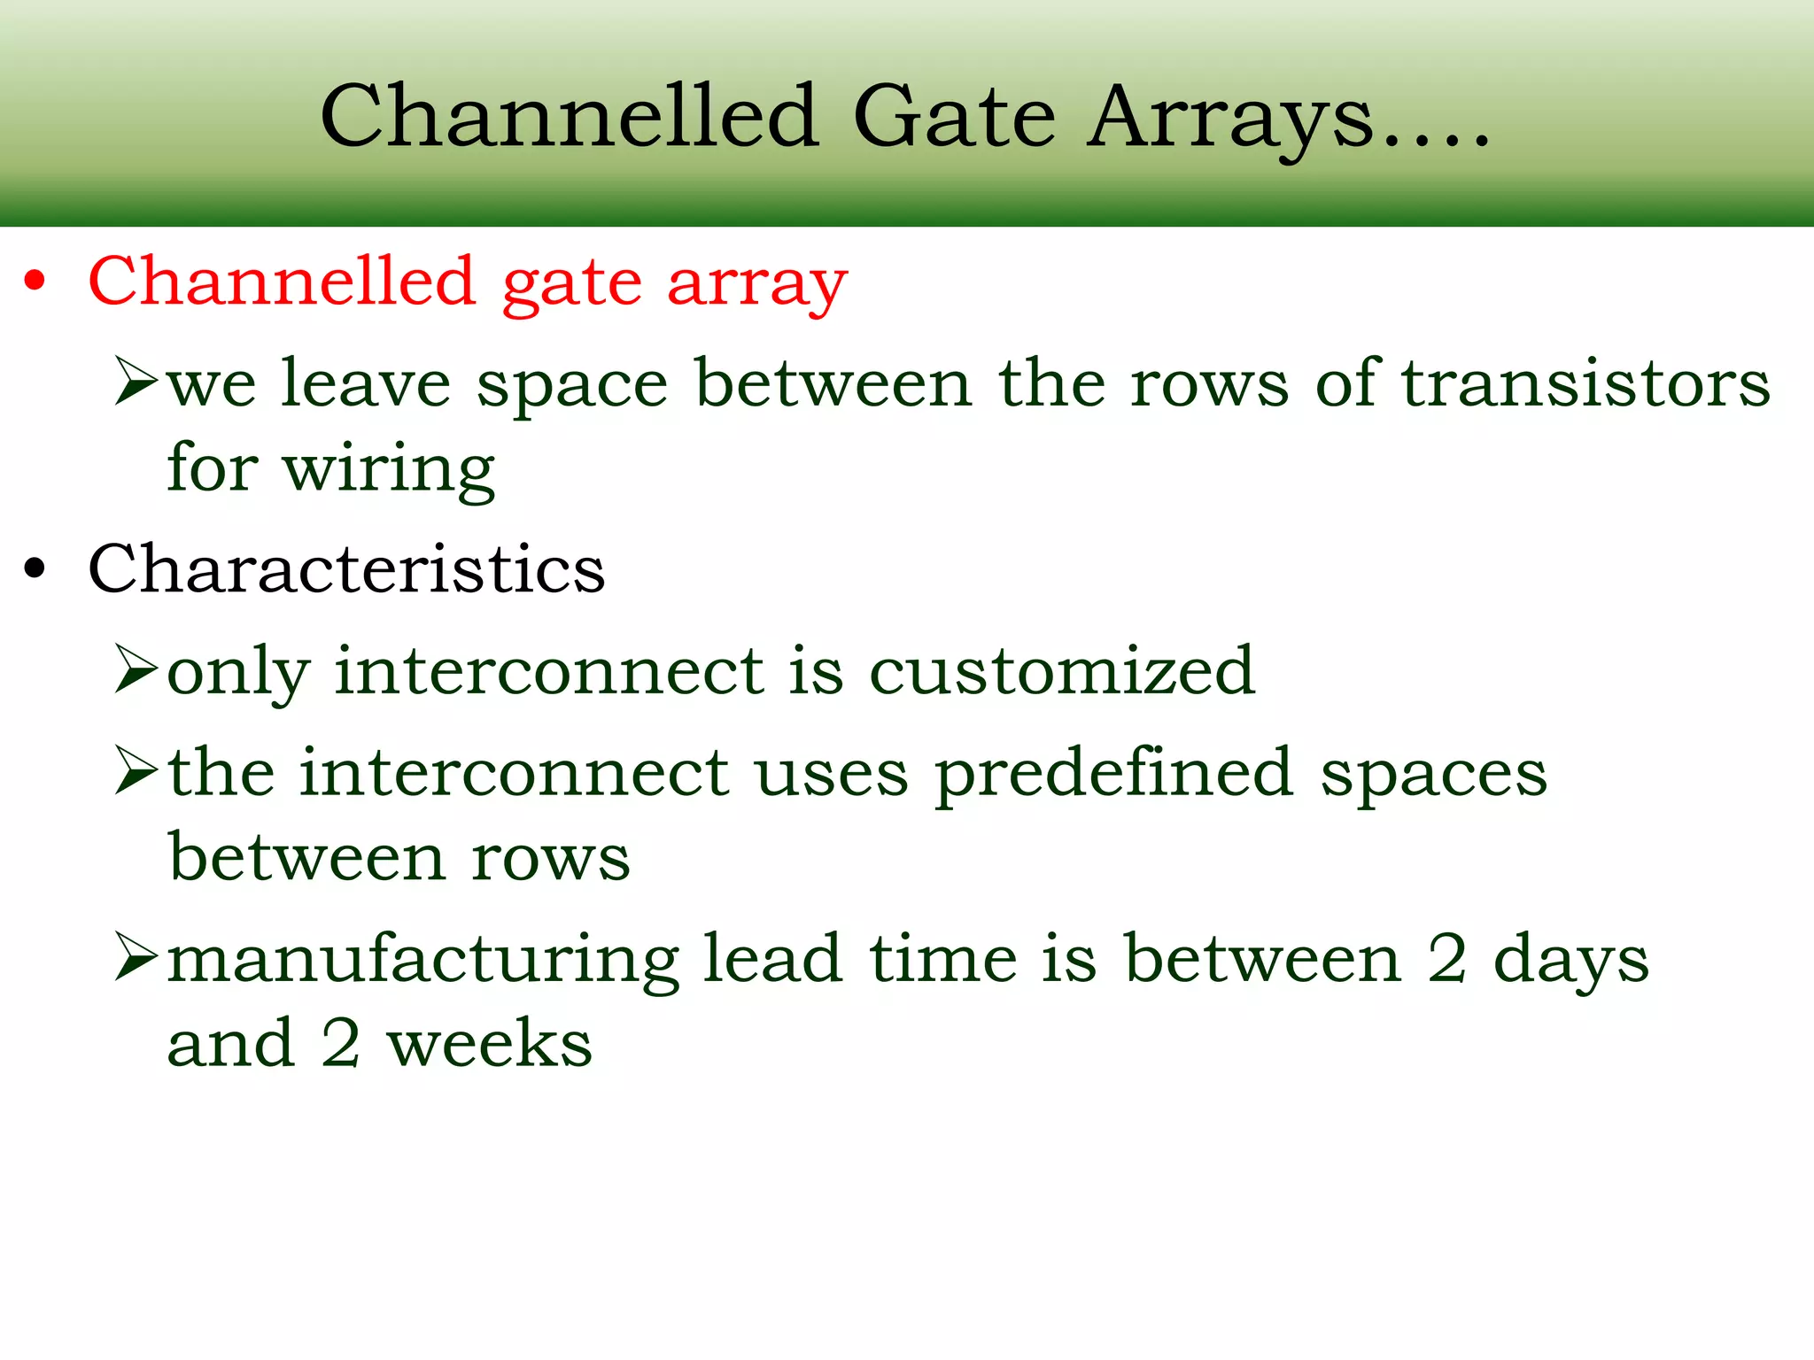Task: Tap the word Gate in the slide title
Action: click(x=954, y=117)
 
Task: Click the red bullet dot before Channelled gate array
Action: click(x=35, y=282)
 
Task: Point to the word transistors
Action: click(x=1585, y=384)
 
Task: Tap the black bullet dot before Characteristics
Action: click(x=35, y=568)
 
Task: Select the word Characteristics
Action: click(x=346, y=568)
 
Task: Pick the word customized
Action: click(x=1062, y=671)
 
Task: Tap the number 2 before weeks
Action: click(x=340, y=1044)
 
